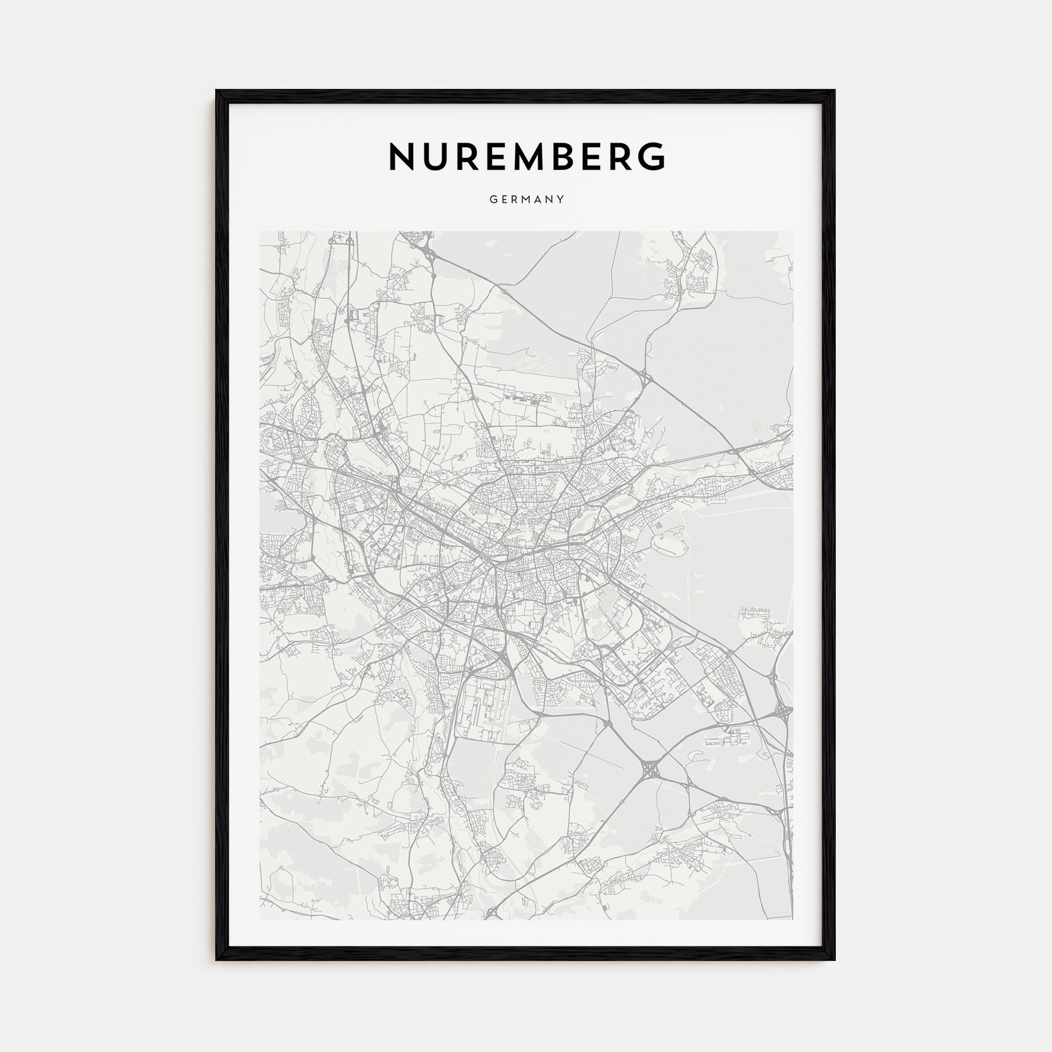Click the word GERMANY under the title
(x=526, y=200)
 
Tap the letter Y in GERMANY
(x=561, y=200)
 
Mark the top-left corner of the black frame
(x=217, y=90)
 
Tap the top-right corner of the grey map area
(x=792, y=232)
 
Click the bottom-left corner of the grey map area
(x=260, y=919)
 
